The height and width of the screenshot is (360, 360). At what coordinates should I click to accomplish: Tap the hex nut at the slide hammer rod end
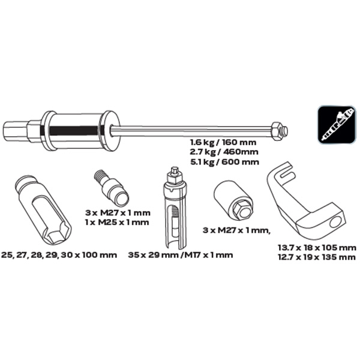(276, 131)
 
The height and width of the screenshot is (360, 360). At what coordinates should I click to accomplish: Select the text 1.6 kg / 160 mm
(223, 143)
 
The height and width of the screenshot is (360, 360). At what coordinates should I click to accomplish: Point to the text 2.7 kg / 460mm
(224, 152)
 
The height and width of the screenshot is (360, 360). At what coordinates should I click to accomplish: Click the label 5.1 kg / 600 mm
(224, 162)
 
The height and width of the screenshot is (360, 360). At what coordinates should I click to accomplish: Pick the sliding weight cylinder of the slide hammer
(74, 131)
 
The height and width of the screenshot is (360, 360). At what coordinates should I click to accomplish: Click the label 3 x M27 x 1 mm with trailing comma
(236, 230)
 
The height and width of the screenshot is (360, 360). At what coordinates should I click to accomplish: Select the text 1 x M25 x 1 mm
(117, 222)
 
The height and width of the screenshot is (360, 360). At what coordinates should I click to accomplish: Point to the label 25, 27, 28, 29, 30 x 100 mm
(59, 255)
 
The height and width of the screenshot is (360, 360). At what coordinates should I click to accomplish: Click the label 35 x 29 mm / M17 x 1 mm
(181, 255)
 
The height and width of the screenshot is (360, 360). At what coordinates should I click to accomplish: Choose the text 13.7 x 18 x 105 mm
(317, 248)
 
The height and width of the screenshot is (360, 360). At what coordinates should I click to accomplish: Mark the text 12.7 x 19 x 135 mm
(317, 257)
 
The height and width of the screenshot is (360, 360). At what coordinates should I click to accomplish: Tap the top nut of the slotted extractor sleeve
(174, 177)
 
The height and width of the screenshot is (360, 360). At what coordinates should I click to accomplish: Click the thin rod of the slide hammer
(192, 131)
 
